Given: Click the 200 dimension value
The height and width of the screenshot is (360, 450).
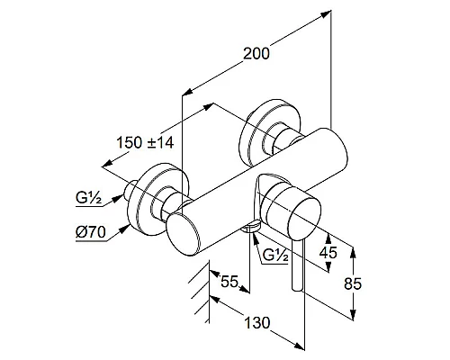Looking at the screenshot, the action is coord(256,54).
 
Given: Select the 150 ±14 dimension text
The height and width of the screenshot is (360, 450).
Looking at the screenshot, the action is coord(145,142).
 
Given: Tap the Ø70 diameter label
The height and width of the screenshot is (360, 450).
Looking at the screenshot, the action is coord(90,232).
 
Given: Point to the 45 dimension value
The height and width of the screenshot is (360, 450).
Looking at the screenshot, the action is coord(328,253).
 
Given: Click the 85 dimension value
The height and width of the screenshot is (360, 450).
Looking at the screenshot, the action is coord(353,283).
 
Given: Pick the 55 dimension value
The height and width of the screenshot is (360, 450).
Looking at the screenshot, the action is coord(229,282).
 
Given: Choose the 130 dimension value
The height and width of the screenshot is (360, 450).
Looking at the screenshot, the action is coord(257,323).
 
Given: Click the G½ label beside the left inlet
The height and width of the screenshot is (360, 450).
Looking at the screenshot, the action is coord(89,198).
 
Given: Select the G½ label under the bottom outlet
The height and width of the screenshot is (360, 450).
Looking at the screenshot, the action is coord(275,255).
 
